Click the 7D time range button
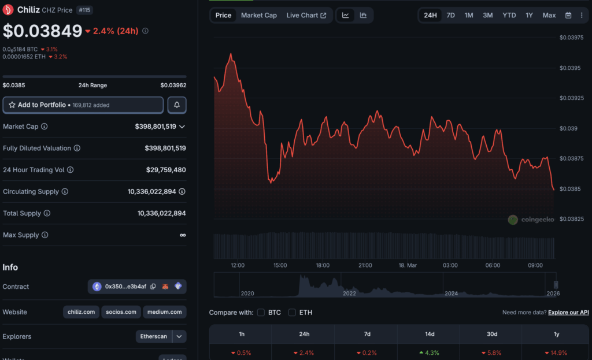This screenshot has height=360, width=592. click(x=450, y=15)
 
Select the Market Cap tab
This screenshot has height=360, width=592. click(x=258, y=15)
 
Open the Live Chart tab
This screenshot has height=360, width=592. click(x=306, y=15)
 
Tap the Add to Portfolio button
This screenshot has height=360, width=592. click(x=83, y=105)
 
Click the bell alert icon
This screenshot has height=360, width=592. click(x=177, y=105)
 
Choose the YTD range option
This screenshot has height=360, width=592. click(x=509, y=15)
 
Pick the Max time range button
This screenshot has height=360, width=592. click(x=549, y=15)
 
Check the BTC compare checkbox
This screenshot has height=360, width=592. click(x=261, y=313)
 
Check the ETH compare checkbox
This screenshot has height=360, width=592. click(x=292, y=313)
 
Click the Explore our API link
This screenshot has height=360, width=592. click(x=568, y=313)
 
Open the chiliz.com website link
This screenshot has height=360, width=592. click(x=81, y=312)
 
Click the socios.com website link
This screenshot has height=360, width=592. click(x=121, y=312)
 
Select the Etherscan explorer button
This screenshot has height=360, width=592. click(x=154, y=336)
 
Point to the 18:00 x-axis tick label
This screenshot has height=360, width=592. click(x=323, y=265)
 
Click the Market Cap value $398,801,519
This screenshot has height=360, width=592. click(x=156, y=126)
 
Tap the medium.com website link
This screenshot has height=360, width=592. click(x=165, y=312)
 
